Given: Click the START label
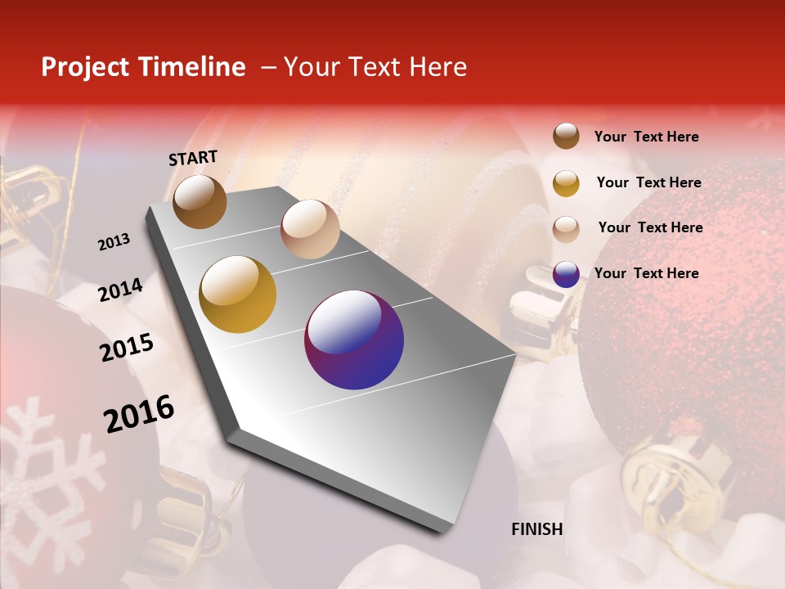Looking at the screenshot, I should coord(193,158).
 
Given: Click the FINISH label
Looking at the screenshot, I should coord(537,529).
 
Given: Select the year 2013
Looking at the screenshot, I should coord(114,242).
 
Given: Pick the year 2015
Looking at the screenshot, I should coord(127,348).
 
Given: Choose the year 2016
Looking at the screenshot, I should coord(139,413).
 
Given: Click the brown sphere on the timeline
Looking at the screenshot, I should coord(200,201).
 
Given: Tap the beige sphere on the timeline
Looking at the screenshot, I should coord(310,229).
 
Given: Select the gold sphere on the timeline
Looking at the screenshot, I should coord(238,294).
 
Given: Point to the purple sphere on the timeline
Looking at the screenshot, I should coord(354,339).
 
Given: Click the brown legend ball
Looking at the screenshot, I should coord(566,136).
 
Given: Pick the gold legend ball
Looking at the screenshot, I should coord(566,183).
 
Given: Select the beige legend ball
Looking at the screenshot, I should coord(566,229).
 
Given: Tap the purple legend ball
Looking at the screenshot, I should coord(566,274).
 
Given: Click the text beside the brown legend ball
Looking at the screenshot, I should coord(647,137).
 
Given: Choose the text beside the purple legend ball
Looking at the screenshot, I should coord(647,273).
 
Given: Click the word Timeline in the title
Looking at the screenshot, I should coord(193,67).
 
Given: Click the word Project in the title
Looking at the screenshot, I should coord(85,67).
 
